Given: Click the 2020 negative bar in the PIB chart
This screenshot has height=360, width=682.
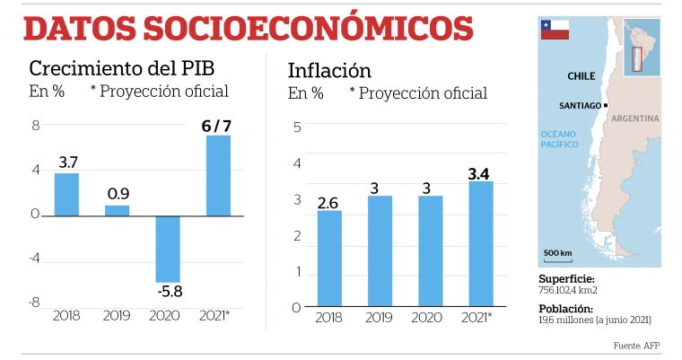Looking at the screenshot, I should click(168, 249).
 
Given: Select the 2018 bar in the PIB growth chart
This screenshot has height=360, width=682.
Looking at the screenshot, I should click(66, 194).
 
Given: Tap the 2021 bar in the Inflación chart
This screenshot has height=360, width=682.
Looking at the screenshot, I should click(480, 243).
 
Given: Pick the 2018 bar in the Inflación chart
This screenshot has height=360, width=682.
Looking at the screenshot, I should click(329, 259).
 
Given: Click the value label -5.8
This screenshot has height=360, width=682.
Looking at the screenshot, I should click(167, 292).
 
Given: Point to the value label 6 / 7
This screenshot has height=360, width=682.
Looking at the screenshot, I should click(218, 126).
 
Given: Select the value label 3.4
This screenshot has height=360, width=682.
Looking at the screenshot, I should click(480, 172).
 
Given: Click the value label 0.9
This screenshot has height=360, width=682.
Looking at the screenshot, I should click(118, 194).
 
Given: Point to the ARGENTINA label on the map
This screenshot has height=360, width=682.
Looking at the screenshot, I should click(636, 119).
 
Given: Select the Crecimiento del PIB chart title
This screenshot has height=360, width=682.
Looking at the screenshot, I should click(122, 69).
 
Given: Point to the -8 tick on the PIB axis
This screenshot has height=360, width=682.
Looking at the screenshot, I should click(35, 303).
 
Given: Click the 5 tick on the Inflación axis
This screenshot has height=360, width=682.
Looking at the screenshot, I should click(296, 127).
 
